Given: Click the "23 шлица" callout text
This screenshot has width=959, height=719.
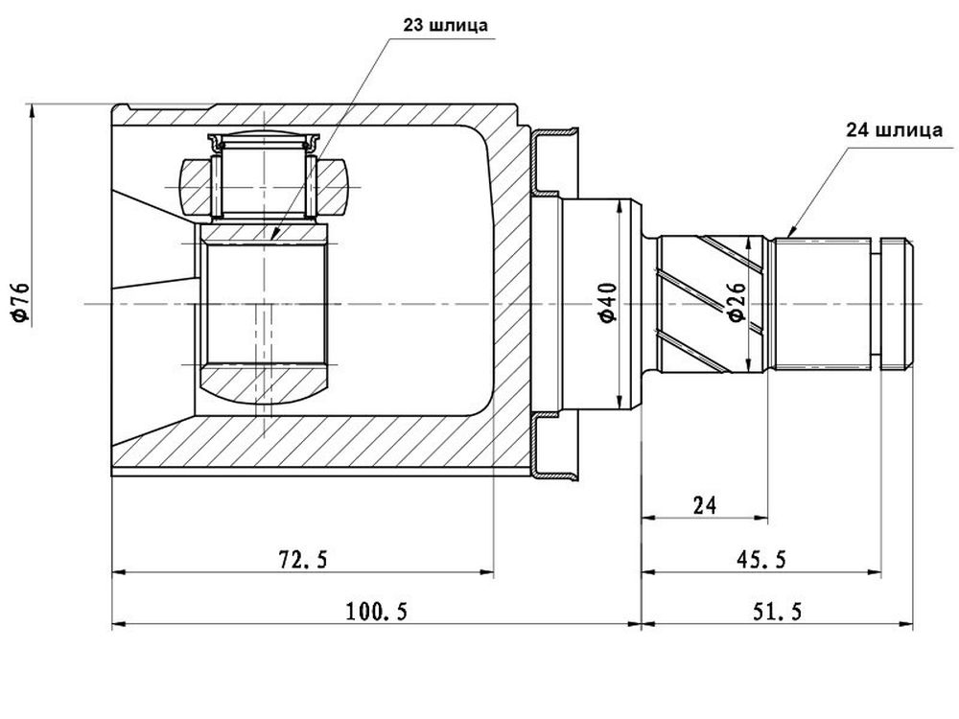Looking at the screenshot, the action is click(x=445, y=26).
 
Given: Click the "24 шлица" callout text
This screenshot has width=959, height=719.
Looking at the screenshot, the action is click(x=894, y=130).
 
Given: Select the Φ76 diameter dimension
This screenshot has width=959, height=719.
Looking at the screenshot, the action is click(x=19, y=302).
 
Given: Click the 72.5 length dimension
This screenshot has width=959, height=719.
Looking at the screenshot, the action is click(x=303, y=558).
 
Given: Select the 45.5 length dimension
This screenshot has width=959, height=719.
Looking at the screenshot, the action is click(x=761, y=558).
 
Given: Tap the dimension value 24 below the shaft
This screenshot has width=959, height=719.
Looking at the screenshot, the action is click(x=705, y=505).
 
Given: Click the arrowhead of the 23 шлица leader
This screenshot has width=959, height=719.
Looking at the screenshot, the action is click(x=274, y=233).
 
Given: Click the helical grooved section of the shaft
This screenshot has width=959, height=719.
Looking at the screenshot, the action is click(x=713, y=304).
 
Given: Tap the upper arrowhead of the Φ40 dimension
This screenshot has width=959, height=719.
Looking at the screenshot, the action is click(x=620, y=207).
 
